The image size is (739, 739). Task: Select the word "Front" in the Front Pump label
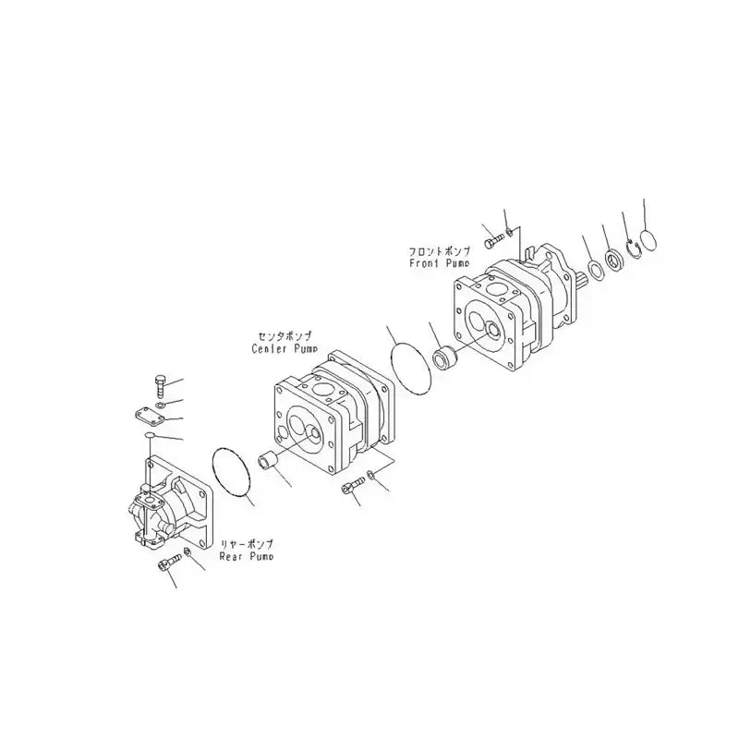pos(424,263)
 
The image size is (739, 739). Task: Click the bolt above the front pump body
pos(492,235)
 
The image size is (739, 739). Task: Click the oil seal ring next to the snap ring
pos(615,258)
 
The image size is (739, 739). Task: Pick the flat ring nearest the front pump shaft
pos(597,270)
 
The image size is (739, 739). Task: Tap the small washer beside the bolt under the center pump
pos(370,477)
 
